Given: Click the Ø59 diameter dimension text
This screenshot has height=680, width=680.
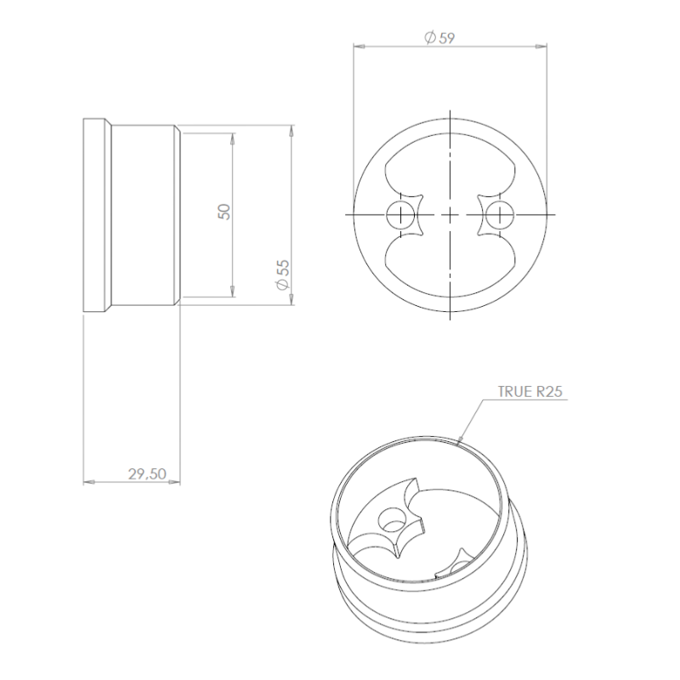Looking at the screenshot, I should click(x=441, y=37).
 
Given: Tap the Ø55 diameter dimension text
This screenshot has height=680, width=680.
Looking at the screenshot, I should click(x=283, y=277).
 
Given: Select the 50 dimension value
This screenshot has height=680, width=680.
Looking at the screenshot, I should click(x=224, y=212).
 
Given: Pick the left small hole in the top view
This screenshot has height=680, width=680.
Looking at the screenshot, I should click(x=398, y=214).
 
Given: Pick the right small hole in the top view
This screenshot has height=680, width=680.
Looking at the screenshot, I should click(x=499, y=214).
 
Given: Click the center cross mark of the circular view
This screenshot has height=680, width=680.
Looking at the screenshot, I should click(x=448, y=214).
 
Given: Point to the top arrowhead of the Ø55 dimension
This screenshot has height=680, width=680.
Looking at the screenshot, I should click(x=292, y=132).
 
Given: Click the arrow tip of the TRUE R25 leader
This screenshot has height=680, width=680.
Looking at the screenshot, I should click(x=460, y=441).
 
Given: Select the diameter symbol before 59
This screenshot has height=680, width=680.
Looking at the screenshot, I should click(x=429, y=37).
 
